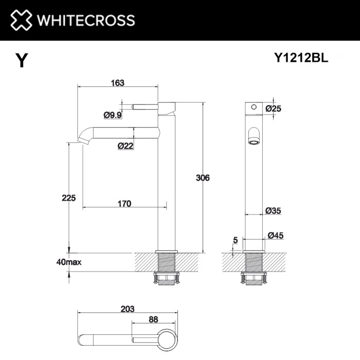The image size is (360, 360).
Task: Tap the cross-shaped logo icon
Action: pos(20,21)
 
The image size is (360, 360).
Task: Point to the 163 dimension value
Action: pos(117,83)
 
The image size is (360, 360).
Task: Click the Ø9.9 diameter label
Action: pos(112,115)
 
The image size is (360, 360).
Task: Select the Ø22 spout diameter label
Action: pos(125,146)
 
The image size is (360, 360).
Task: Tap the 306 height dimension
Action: pos(203,178)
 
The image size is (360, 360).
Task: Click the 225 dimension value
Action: pos(68,197)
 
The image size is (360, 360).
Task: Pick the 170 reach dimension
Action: pos(124,204)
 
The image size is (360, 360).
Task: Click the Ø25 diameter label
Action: pos(274,108)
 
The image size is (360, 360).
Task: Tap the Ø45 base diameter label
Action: pos(276,236)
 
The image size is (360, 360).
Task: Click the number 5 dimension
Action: pos(235,240)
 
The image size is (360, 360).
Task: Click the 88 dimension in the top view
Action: pos(153,319)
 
